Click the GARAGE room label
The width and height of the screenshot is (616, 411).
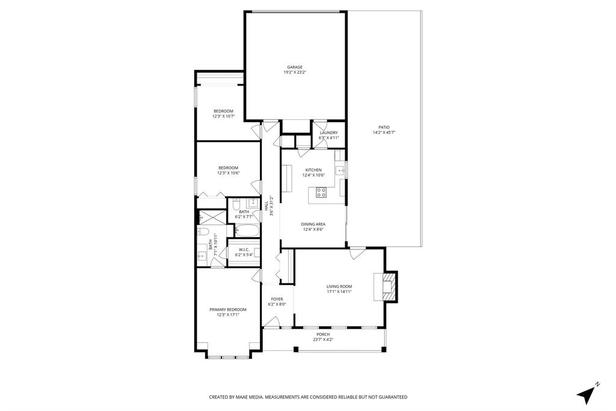[x=295, y=67]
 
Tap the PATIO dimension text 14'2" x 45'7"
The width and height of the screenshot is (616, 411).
[x=384, y=132]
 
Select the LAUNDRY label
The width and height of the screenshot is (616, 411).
[x=328, y=132]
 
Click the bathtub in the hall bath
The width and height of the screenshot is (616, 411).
[x=247, y=229]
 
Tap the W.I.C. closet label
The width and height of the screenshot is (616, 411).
[x=244, y=249]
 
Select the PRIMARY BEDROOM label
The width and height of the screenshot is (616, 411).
[x=228, y=309]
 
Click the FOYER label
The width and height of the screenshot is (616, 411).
[x=277, y=299]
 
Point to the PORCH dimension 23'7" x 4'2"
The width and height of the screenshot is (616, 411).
[x=323, y=339]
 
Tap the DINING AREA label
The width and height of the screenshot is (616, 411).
[x=313, y=224]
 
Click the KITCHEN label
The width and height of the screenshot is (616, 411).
[x=313, y=170]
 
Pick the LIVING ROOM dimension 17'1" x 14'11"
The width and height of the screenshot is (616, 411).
[x=339, y=292]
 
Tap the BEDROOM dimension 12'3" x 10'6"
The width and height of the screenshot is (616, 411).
[x=228, y=173]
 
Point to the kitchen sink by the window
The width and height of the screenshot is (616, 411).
[x=341, y=171]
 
